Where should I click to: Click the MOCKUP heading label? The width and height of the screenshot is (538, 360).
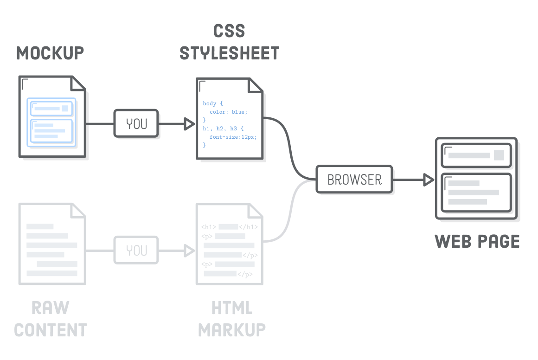tap(50, 53)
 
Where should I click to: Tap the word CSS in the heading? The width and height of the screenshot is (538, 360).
tap(229, 31)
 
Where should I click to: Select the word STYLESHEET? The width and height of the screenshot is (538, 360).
tap(230, 53)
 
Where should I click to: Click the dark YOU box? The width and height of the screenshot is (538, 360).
tap(136, 124)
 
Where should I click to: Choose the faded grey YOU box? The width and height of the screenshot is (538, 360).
tap(136, 251)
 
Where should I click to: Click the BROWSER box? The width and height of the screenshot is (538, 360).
tap(355, 180)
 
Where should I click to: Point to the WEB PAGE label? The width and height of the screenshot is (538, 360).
tap(477, 242)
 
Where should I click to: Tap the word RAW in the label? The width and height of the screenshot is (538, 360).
tap(51, 308)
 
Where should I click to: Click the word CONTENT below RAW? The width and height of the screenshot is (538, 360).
tap(51, 330)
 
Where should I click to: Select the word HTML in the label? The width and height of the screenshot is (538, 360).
tap(232, 308)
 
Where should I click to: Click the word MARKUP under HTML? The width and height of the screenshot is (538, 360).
tap(232, 330)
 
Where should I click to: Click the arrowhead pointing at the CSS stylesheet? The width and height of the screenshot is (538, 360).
tap(189, 124)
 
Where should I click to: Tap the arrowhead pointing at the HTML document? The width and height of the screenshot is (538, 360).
tap(189, 251)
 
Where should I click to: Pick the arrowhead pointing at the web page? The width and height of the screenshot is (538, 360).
tap(428, 180)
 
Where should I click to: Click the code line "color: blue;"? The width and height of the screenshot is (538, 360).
tap(229, 112)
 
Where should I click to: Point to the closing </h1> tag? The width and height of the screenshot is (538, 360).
tap(248, 227)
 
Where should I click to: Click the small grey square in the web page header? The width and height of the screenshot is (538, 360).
tap(499, 155)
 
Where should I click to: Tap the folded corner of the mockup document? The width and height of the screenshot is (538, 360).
tap(78, 84)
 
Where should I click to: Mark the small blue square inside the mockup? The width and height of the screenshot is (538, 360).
tap(65, 109)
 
